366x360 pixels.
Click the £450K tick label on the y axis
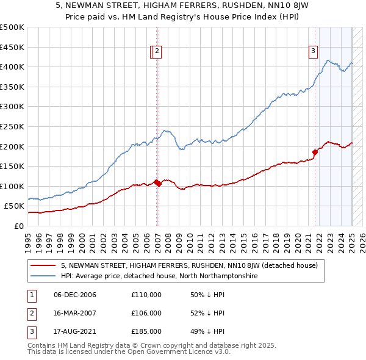(x=12, y=47)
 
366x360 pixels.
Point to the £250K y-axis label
(x=12, y=126)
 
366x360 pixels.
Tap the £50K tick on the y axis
(x=15, y=206)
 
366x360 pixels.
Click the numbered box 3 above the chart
(x=313, y=52)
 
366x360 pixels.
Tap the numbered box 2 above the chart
(x=157, y=52)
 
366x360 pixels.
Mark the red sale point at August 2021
(x=315, y=153)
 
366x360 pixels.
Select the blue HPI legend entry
(x=159, y=276)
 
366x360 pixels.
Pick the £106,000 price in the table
(x=146, y=313)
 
